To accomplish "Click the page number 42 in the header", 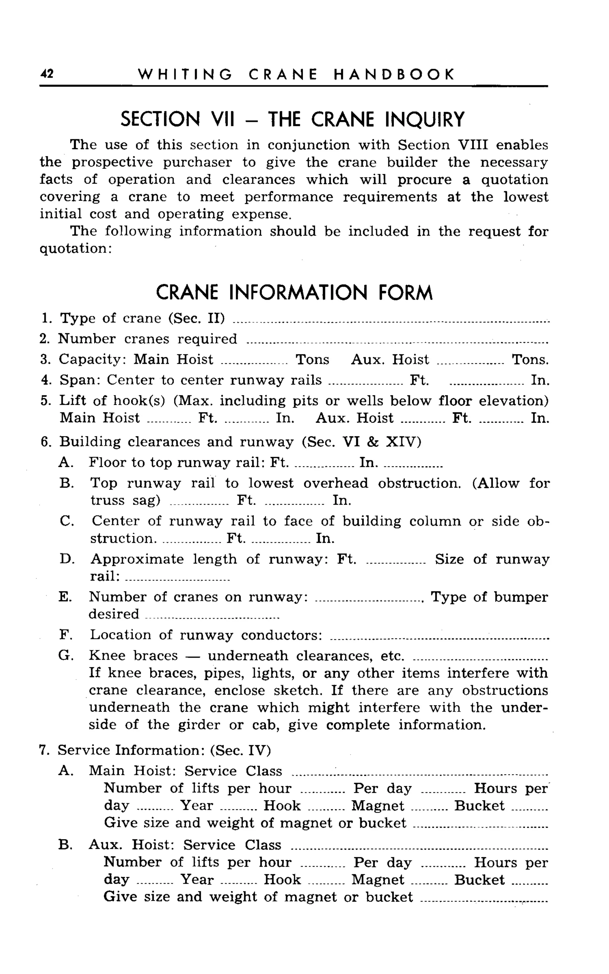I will point(47,74).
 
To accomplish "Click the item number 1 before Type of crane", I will point(45,318).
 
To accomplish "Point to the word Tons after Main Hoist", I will point(312,359).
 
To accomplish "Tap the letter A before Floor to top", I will point(65,462).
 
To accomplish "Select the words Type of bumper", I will point(489,597).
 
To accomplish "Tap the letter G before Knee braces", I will point(65,656).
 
